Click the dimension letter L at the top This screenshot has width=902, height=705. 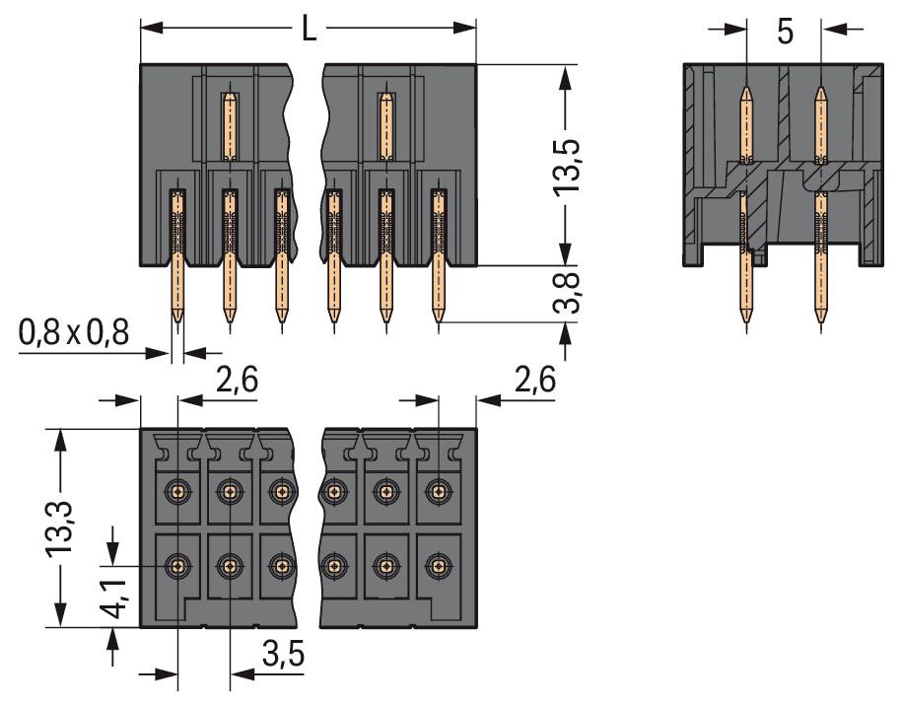[309, 30]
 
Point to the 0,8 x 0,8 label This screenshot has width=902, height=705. [74, 335]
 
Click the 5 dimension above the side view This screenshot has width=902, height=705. [785, 31]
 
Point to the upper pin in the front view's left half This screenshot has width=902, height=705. [229, 125]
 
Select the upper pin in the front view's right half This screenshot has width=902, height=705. [385, 125]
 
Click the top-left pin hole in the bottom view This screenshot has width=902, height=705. [177, 489]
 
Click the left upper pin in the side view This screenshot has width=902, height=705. [746, 123]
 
